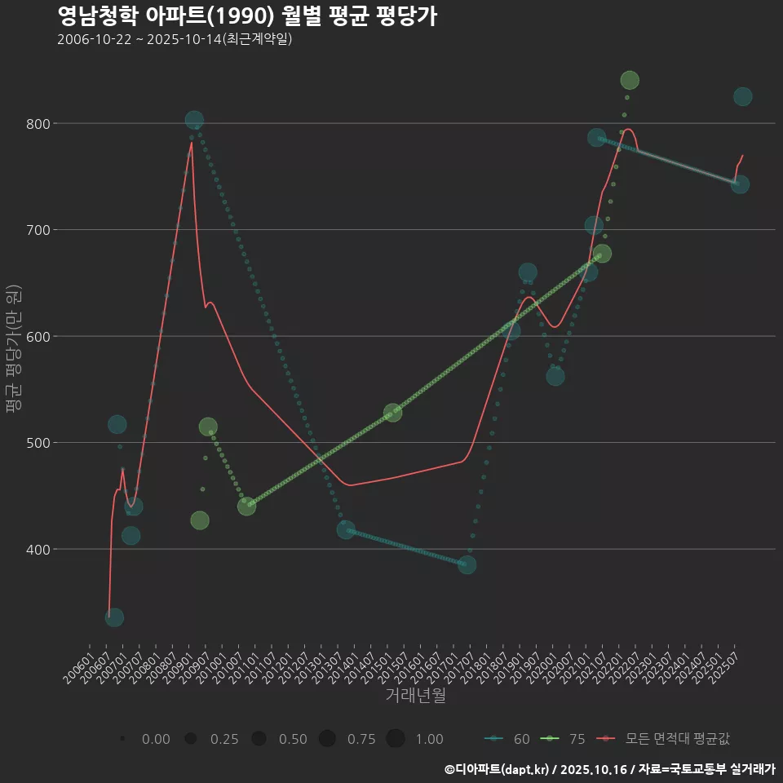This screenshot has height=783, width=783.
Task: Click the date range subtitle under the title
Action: tap(175, 39)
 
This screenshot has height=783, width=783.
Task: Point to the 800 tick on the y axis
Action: tap(40, 124)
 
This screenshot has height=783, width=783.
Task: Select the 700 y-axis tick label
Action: tap(40, 230)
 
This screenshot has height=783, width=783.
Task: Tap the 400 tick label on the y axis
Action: tap(40, 549)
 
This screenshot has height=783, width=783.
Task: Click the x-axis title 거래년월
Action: tap(415, 696)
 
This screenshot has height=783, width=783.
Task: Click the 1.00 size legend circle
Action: tap(396, 739)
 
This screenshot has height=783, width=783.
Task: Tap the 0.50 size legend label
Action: tap(293, 739)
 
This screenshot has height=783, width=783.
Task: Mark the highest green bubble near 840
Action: tap(630, 80)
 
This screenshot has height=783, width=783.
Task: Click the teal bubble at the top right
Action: tap(742, 96)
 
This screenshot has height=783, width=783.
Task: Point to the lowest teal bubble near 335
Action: tap(114, 617)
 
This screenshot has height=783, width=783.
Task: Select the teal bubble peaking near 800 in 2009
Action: tap(194, 120)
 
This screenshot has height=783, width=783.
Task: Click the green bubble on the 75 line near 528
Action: tap(392, 412)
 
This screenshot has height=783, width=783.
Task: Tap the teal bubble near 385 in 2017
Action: tap(467, 564)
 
